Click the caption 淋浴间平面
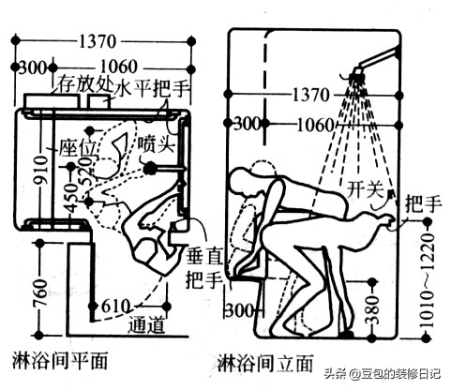click(58, 359)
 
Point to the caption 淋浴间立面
click(262, 359)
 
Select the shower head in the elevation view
click(358, 69)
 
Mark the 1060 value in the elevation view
click(310, 124)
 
